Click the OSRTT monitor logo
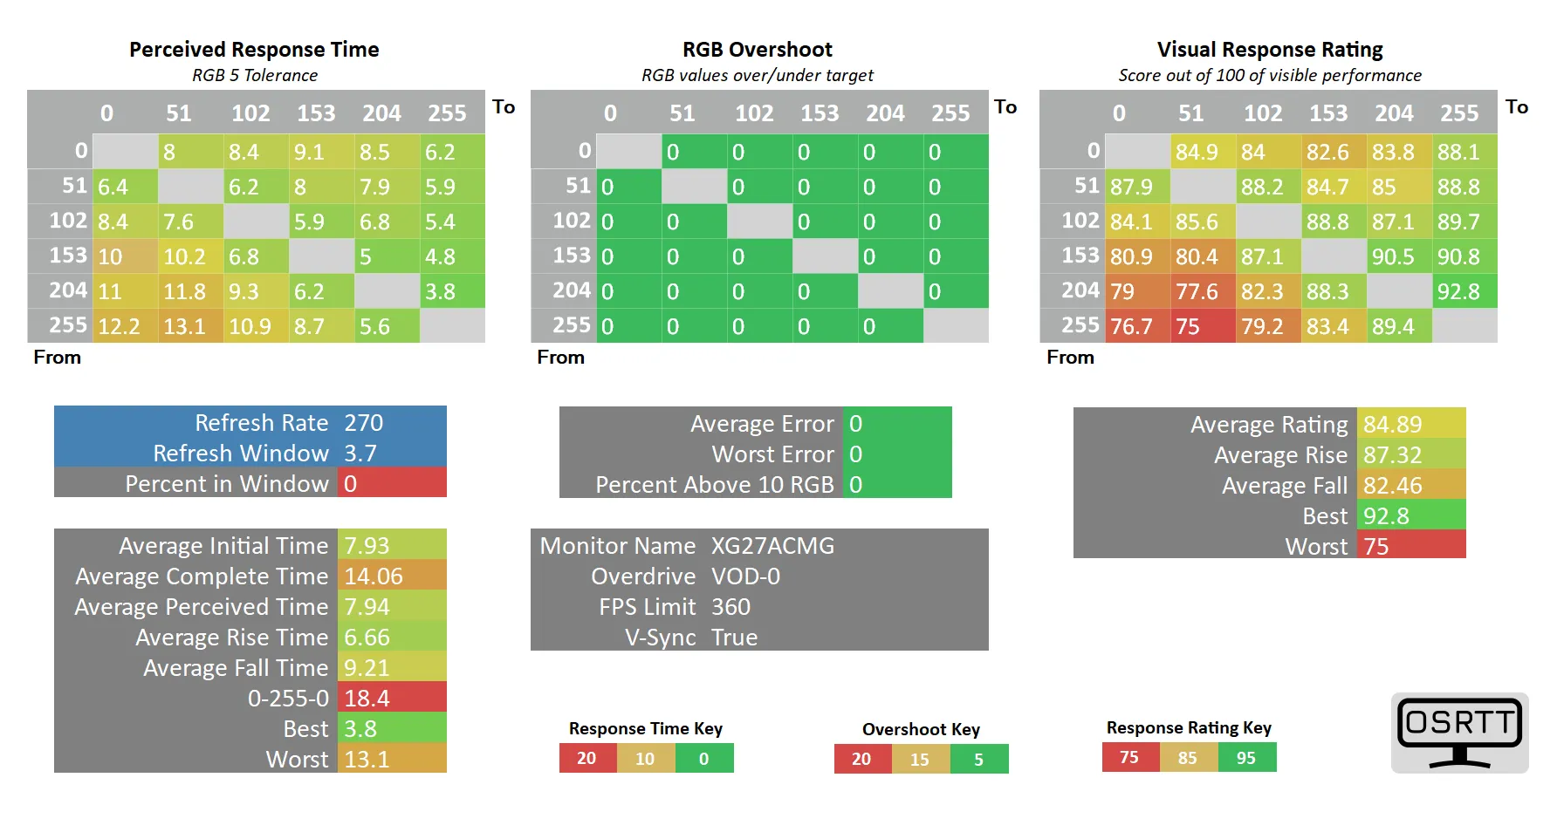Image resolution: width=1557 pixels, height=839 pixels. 1459,733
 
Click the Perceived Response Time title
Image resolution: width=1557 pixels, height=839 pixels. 254,50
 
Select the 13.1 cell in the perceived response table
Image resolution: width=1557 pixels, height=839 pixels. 191,326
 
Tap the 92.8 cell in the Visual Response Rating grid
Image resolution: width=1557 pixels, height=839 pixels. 1464,291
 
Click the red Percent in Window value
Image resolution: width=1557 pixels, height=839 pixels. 392,483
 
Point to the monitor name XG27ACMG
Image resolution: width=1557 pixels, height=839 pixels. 772,546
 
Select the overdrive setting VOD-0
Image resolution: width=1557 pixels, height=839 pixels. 745,576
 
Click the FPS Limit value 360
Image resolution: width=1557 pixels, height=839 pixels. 730,607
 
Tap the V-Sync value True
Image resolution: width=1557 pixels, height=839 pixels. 734,638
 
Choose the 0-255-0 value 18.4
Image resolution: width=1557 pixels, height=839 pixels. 392,698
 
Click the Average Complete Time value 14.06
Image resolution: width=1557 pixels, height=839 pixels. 392,576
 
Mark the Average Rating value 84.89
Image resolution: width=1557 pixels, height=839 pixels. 1411,424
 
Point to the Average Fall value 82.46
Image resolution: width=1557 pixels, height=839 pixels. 1411,485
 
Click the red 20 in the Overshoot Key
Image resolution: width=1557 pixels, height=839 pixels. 862,759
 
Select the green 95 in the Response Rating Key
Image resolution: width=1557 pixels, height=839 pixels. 1247,758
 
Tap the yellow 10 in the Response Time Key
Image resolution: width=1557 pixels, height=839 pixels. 646,759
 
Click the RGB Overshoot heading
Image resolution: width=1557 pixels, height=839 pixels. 758,50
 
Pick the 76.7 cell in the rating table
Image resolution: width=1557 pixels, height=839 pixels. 1138,326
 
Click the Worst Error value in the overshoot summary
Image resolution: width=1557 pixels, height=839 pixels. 897,454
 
